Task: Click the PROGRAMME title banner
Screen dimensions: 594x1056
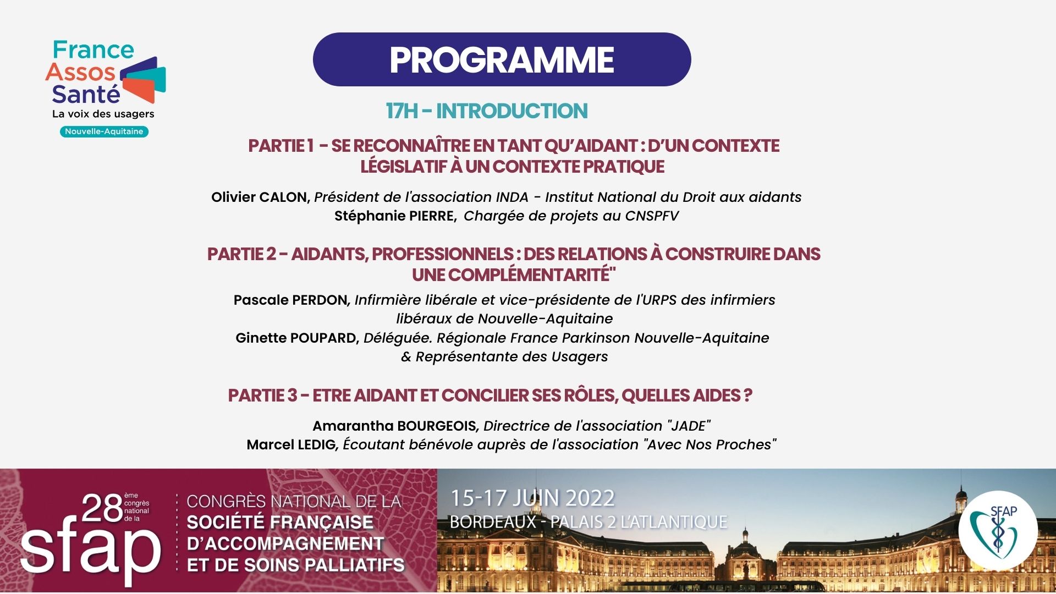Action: click(x=502, y=59)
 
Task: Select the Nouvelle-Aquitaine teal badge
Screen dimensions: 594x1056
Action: click(x=104, y=131)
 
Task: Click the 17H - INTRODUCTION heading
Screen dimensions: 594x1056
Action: click(x=487, y=111)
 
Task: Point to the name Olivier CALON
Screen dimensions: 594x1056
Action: click(x=260, y=197)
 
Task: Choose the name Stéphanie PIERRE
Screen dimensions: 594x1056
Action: click(x=395, y=216)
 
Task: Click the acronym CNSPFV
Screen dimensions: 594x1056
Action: click(x=652, y=216)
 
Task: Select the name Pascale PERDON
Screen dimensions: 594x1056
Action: click(x=291, y=300)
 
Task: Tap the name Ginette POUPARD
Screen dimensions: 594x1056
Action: click(x=296, y=338)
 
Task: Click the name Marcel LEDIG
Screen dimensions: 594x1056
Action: click(x=291, y=444)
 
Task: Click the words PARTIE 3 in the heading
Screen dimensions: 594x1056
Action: click(x=262, y=395)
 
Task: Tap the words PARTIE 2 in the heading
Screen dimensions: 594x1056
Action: click(x=241, y=254)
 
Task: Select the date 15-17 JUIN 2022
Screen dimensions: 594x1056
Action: click(x=532, y=498)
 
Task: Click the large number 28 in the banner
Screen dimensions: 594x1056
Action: click(x=102, y=508)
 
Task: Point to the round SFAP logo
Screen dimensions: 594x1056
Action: click(x=998, y=530)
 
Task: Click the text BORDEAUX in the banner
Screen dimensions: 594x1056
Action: click(x=493, y=521)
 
